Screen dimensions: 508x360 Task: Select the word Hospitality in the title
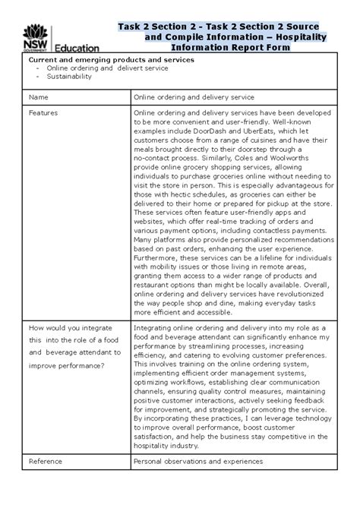point(302,36)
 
